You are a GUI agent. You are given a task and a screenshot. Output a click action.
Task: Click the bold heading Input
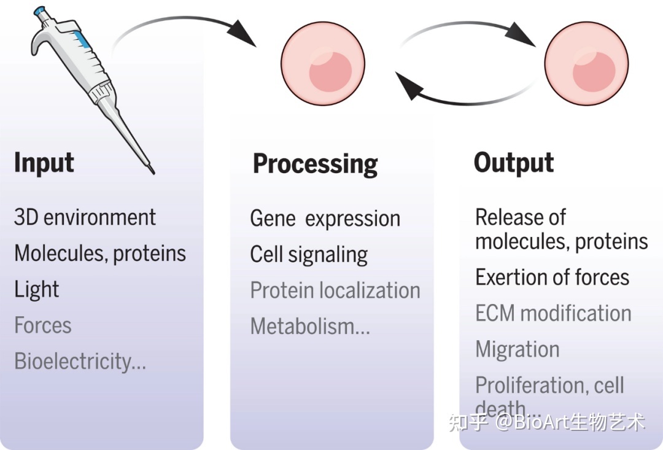[x=44, y=163]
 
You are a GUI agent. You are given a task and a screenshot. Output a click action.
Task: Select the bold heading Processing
[x=315, y=164]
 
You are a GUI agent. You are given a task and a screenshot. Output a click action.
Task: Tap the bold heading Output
[x=514, y=163]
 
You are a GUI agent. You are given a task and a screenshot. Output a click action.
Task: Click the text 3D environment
[x=85, y=217]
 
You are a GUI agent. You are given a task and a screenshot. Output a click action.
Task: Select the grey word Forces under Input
[x=43, y=325]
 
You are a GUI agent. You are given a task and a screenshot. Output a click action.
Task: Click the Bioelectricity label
[x=80, y=361]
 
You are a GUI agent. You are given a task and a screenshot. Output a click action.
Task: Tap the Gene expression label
[x=325, y=219]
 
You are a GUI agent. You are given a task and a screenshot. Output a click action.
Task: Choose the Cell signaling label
[x=309, y=255]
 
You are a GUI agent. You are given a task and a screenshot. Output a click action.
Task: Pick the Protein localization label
[x=335, y=290]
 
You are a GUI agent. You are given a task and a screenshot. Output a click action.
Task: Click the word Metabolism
[x=310, y=327]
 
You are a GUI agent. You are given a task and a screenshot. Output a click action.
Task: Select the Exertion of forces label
[x=552, y=277]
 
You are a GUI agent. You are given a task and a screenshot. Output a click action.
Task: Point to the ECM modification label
[x=553, y=313]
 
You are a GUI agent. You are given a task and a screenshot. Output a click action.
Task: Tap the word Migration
[x=518, y=350]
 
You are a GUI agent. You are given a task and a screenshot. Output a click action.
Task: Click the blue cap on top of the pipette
[x=40, y=11]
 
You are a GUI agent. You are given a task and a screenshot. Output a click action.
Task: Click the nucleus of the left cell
[x=330, y=71]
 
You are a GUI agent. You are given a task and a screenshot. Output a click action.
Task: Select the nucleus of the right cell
[x=594, y=71]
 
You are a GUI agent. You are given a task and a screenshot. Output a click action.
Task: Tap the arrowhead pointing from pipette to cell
[x=242, y=33]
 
